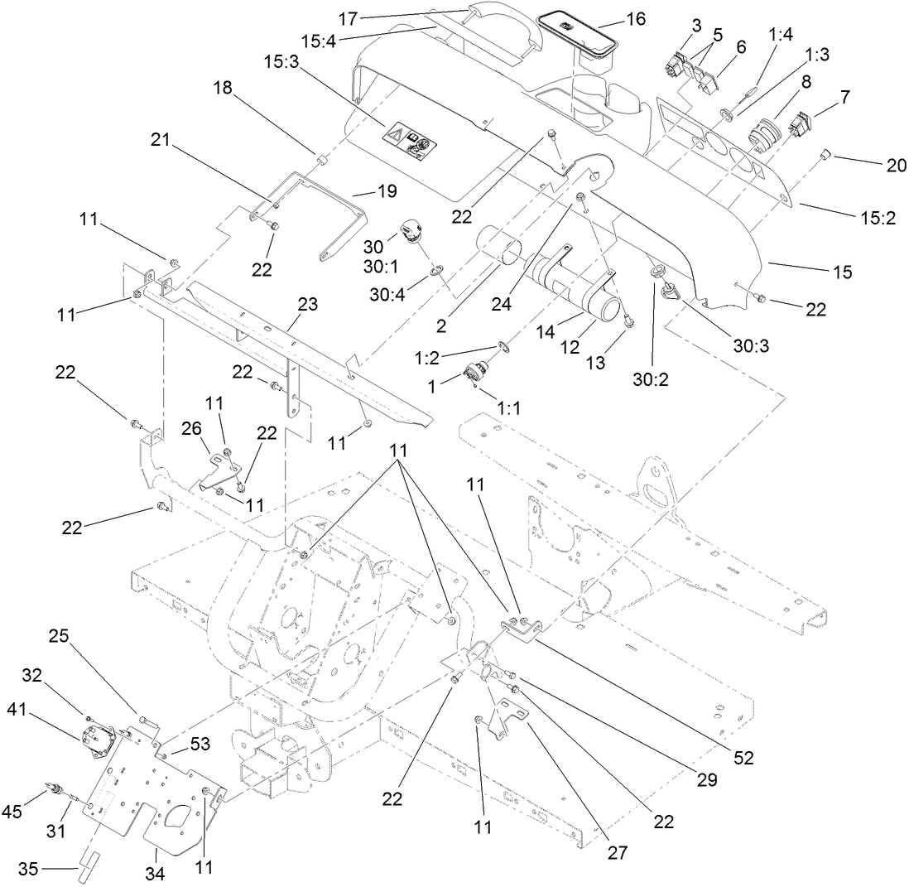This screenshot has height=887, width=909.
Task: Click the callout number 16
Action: point(636,19)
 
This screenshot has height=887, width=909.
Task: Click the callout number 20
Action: point(896,166)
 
